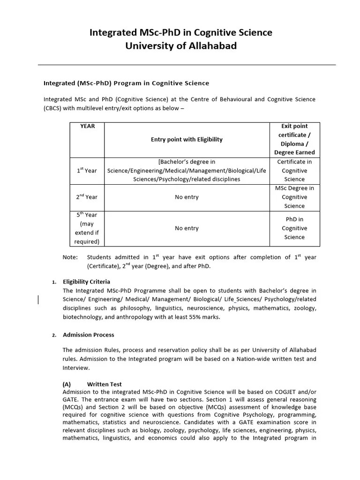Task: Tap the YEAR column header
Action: coord(87,126)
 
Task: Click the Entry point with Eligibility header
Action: coord(187,139)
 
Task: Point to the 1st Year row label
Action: coord(87,171)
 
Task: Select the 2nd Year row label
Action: coord(87,197)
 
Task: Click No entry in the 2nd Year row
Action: coord(187,197)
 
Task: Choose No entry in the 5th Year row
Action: coord(187,228)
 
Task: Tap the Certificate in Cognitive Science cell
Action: coord(294,171)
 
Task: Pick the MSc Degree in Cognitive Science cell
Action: coord(294,197)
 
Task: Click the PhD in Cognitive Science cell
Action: coord(294,228)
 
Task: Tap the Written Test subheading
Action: coord(104,384)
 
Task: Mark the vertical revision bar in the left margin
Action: coord(39,300)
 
